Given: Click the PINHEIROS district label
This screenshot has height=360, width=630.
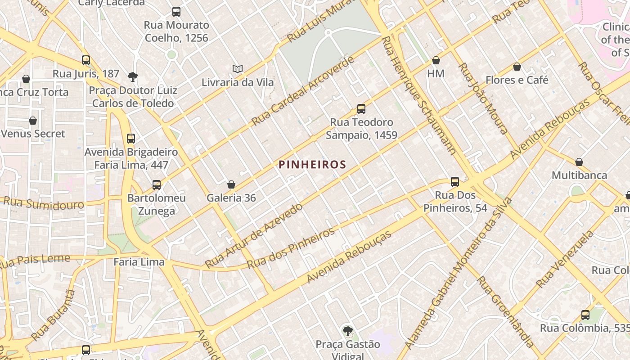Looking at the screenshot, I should pos(312,164).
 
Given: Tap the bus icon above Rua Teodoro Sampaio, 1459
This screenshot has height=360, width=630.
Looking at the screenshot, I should pos(361,109).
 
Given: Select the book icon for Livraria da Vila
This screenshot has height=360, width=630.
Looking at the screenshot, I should pos(238,69).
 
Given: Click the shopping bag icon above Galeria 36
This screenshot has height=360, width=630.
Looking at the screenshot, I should pos(231,184).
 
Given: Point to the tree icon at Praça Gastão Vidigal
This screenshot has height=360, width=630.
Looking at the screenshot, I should pos(347,332).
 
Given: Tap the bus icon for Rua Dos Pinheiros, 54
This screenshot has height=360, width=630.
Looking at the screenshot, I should pos(455,182).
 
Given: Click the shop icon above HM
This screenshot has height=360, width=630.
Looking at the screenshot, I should pos(436,60).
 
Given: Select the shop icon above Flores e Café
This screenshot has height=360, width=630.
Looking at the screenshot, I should pos(517,67).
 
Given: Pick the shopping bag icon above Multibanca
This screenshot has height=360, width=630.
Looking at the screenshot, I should pos(579,162).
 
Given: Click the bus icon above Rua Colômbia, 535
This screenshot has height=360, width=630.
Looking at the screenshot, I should pos(585,315).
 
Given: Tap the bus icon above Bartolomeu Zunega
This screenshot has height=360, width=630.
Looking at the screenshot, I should pos(157,185).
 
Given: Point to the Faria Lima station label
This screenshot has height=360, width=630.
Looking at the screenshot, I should pos(139,261).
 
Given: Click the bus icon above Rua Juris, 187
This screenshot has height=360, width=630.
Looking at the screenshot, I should pos(86,60).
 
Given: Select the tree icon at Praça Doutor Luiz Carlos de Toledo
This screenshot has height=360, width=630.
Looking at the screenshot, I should pos(132,77).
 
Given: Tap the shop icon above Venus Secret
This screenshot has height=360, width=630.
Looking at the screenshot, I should pos(33,121).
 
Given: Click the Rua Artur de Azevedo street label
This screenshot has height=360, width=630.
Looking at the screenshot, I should pos(254,235).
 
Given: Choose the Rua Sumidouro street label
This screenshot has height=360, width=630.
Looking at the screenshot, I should pos(44,203).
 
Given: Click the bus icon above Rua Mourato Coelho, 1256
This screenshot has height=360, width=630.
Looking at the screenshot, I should pos(176,12).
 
